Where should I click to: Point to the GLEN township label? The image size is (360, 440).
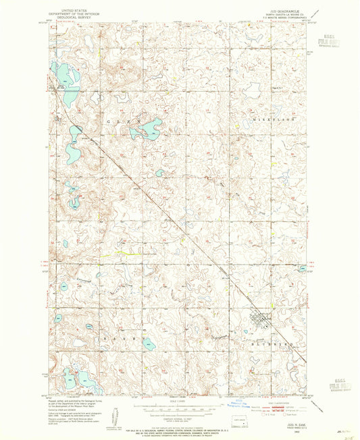point(122,120)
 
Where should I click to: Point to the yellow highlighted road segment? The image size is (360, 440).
point(124,253)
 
